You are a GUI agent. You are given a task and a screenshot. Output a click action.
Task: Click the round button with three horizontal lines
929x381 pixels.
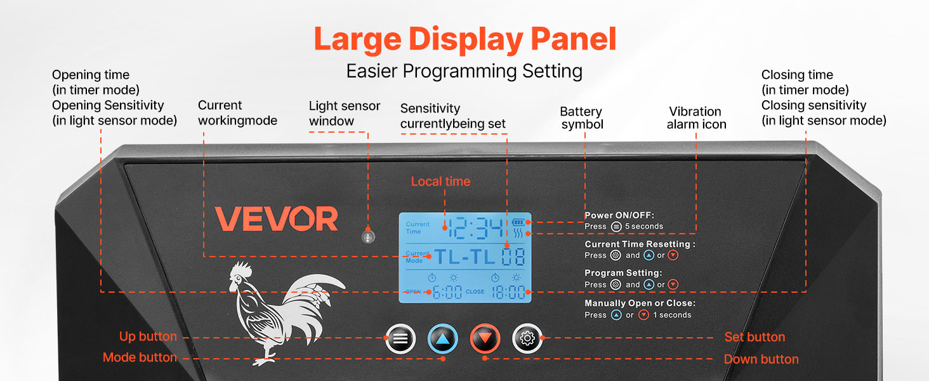click(400, 338)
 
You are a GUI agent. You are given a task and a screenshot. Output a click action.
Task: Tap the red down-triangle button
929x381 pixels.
click(485, 338)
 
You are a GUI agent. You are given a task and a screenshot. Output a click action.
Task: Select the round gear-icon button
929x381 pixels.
click(527, 338)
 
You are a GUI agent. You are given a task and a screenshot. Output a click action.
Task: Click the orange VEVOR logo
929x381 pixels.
click(277, 218)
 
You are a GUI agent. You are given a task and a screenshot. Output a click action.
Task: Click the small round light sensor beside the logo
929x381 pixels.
click(368, 237)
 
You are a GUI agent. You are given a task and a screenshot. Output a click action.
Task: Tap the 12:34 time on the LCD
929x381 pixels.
click(476, 228)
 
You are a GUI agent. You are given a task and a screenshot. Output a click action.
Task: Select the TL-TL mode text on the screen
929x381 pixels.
click(464, 257)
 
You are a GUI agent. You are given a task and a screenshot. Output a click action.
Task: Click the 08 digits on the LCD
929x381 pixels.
click(513, 257)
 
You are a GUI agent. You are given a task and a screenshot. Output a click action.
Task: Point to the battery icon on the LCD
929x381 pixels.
click(518, 222)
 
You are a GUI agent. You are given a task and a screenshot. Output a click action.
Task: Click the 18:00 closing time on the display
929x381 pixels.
click(508, 292)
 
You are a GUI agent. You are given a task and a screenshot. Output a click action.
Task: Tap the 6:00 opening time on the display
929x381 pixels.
click(447, 292)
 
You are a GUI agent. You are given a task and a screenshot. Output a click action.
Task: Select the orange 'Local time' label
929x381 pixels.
click(440, 182)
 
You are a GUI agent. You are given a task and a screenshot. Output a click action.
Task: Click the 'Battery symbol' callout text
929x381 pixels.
click(581, 118)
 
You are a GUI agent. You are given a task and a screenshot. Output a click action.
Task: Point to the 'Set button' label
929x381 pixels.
click(755, 337)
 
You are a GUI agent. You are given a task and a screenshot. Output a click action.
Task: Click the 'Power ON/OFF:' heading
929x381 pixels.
click(619, 215)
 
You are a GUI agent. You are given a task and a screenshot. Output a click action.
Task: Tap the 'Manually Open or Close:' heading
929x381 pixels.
click(640, 303)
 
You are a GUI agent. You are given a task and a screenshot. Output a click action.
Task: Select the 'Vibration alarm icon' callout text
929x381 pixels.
click(696, 118)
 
